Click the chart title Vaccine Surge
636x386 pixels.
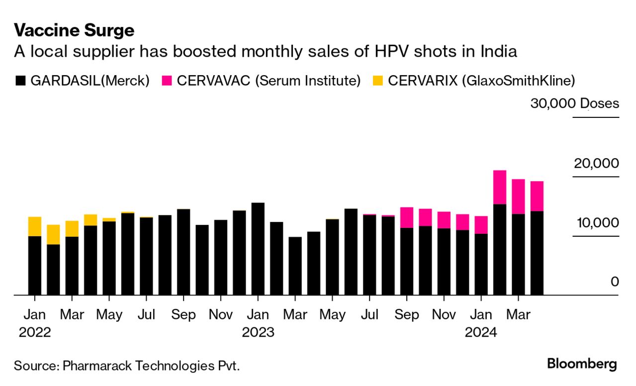pos(74,31)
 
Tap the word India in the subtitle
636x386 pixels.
pos(498,52)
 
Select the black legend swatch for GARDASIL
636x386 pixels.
pos(21,81)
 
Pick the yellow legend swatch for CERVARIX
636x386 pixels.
pos(377,81)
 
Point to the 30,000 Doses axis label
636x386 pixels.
pos(574,103)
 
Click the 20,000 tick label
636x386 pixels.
pos(597,163)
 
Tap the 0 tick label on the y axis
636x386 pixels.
pos(615,282)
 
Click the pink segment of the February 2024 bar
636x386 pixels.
pos(499,187)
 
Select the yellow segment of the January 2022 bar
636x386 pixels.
pos(35,226)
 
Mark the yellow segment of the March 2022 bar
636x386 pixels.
pos(72,228)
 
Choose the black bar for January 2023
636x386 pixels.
pos(258,249)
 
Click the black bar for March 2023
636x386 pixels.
pos(295,266)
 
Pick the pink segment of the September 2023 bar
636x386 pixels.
pos(407,217)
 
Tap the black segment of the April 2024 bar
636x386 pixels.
pos(537,253)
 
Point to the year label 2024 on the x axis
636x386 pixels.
pos(481,332)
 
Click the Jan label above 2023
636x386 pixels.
pos(258,315)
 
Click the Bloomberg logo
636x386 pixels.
pos(582,364)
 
